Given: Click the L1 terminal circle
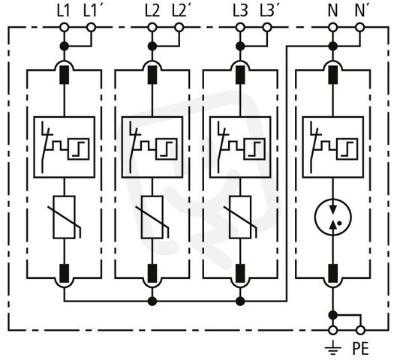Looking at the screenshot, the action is [x=65, y=27].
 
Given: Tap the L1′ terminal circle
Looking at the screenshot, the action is [x=91, y=27].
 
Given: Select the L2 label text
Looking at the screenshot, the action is [x=152, y=11].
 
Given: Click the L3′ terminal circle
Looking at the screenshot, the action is [x=267, y=27].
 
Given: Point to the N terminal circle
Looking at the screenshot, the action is [x=333, y=27].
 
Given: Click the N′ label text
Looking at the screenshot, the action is [x=359, y=11].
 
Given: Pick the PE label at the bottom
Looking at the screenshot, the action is [x=360, y=348].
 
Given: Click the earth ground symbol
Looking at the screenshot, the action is [x=332, y=347].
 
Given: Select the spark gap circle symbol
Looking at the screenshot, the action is [x=333, y=217].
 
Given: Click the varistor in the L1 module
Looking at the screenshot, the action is [x=64, y=217].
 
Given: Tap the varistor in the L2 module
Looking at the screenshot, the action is [x=152, y=217].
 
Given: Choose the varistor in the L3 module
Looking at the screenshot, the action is [x=240, y=217].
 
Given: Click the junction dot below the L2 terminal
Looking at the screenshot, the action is [x=152, y=46].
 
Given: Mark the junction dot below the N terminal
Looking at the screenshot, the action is [x=333, y=46].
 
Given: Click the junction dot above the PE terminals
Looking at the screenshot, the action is [x=333, y=315].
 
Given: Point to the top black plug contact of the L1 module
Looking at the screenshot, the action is [x=64, y=75].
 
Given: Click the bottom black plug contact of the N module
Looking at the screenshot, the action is [x=333, y=274].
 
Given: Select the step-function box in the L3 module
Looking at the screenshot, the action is [x=254, y=149].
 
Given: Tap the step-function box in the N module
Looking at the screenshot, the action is [x=347, y=149].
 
